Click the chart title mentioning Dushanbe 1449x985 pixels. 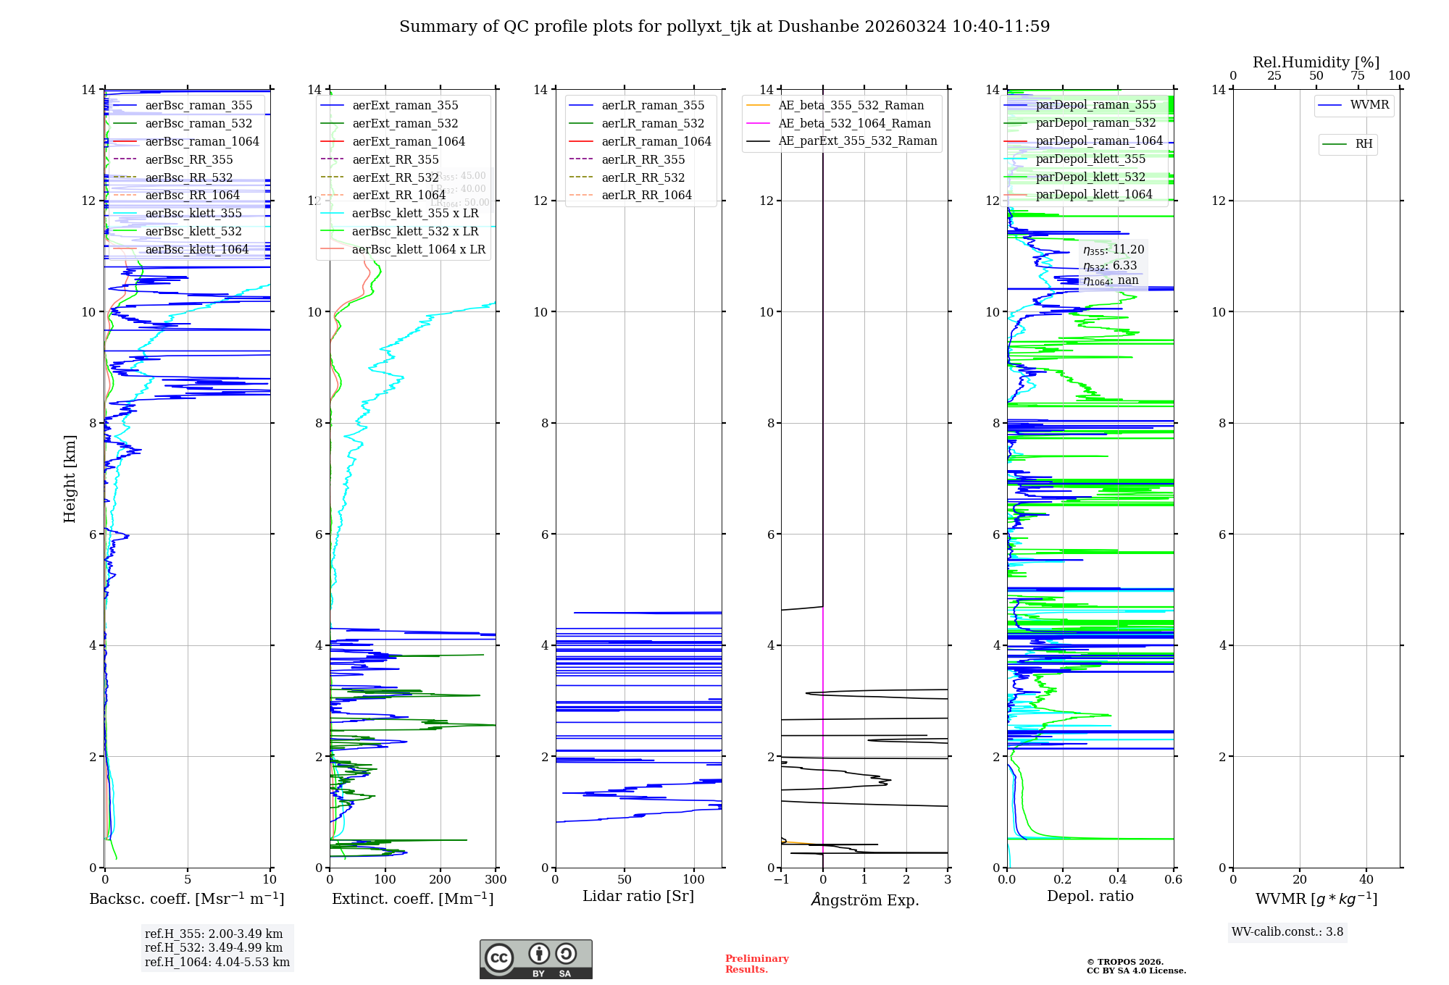pos(724,27)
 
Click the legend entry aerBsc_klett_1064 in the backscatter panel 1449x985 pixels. pos(196,249)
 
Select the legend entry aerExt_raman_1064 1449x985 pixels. pos(409,141)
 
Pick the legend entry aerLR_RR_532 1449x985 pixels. pos(643,177)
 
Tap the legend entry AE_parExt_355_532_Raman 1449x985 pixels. pos(857,141)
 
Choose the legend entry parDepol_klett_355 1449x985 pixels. pos(1090,159)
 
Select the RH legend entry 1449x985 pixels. pos(1364,144)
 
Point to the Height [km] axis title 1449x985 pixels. pos(70,479)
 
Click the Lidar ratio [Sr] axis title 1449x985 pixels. pos(638,897)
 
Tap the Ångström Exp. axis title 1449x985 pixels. pos(864,900)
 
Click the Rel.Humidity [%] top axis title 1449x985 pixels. pos(1316,62)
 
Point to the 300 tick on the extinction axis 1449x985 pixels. pos(496,880)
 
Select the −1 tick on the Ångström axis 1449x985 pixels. pos(781,880)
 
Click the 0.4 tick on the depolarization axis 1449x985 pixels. pos(1118,880)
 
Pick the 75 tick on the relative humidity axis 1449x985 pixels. pos(1357,76)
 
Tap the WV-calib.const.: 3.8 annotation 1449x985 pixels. pos(1287,932)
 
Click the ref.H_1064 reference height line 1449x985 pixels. pos(217,963)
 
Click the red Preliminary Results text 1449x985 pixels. pos(756,964)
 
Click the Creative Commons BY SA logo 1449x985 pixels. pos(535,960)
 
